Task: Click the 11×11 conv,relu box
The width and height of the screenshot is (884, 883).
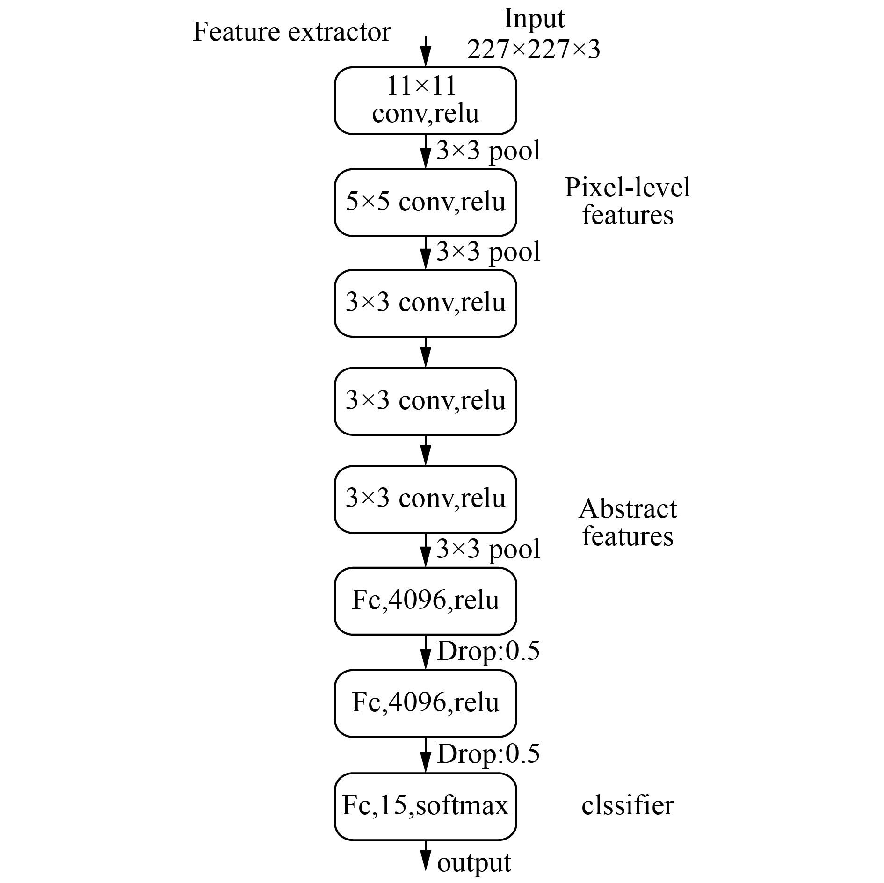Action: tap(425, 101)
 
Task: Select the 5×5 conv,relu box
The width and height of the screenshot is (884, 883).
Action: tap(425, 203)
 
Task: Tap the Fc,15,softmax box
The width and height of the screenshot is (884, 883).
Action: tap(425, 806)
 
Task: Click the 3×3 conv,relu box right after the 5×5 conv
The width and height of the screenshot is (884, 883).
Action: tap(425, 303)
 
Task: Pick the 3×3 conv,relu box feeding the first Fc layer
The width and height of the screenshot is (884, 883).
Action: tap(425, 499)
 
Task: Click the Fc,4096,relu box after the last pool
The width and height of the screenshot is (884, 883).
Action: tap(425, 601)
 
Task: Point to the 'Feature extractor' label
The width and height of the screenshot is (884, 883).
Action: tap(292, 32)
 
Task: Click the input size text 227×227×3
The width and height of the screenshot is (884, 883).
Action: tap(534, 49)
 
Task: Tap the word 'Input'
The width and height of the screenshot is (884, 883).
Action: tap(534, 20)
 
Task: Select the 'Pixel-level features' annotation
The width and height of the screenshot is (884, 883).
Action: tap(628, 201)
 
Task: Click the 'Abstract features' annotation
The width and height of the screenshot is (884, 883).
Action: tap(628, 522)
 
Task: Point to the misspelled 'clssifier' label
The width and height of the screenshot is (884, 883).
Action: tap(627, 805)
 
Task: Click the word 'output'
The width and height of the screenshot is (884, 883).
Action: tap(474, 863)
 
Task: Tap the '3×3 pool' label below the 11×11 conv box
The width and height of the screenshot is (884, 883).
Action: tap(488, 151)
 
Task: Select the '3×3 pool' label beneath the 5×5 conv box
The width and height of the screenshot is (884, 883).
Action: tap(488, 252)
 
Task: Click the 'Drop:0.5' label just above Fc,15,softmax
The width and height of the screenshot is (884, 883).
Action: tap(488, 753)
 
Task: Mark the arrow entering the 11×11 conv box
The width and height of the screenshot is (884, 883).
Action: tap(425, 51)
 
